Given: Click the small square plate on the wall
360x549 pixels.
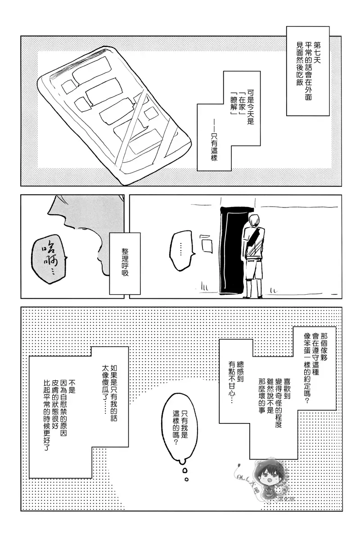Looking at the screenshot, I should click(207, 246).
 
